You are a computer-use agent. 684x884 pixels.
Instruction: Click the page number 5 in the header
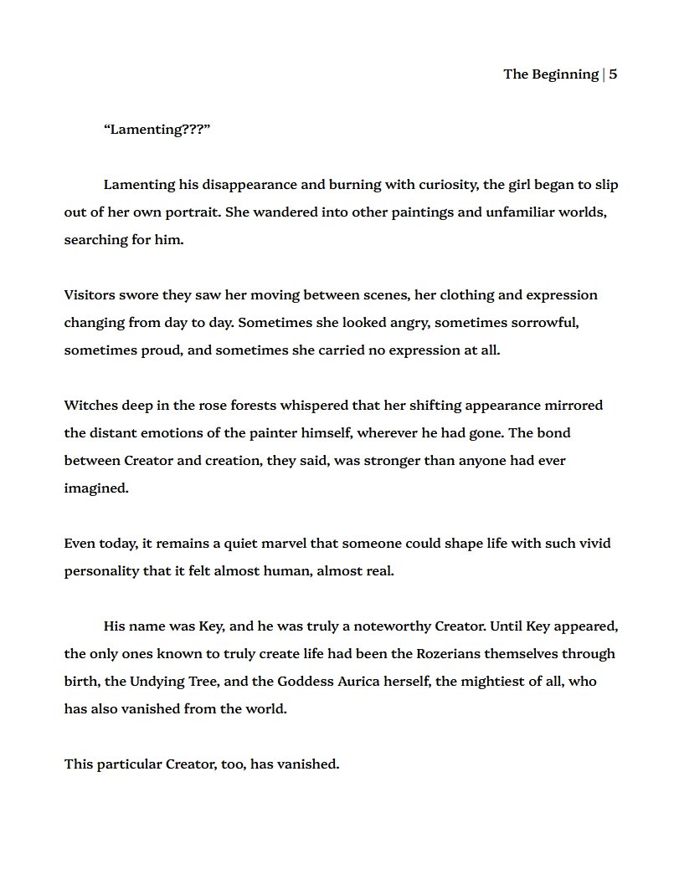[x=613, y=74]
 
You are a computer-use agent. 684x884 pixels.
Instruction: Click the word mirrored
[x=573, y=406]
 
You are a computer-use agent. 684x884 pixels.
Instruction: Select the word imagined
[x=95, y=488]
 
